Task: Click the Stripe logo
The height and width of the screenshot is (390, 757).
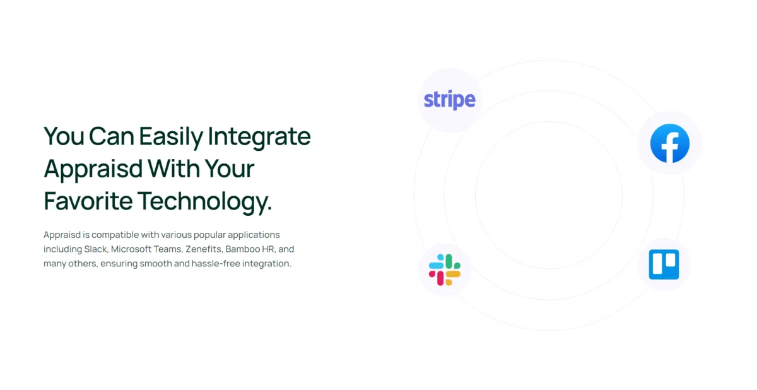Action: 449,100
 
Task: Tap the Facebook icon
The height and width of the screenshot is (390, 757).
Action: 670,143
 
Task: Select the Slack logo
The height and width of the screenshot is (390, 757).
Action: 444,269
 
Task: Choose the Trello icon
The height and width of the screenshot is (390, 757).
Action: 664,264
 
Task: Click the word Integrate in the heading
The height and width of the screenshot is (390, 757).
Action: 259,137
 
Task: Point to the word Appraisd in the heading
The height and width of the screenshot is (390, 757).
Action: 93,169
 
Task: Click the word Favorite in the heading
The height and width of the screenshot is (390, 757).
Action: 88,201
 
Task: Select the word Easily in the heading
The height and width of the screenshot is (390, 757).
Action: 171,137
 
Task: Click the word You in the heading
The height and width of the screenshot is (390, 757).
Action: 64,136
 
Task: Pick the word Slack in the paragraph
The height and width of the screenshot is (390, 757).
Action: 96,249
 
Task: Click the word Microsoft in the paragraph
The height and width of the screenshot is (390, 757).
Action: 131,249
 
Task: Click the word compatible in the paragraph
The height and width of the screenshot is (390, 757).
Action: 115,235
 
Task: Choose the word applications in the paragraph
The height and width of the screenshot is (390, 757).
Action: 254,235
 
